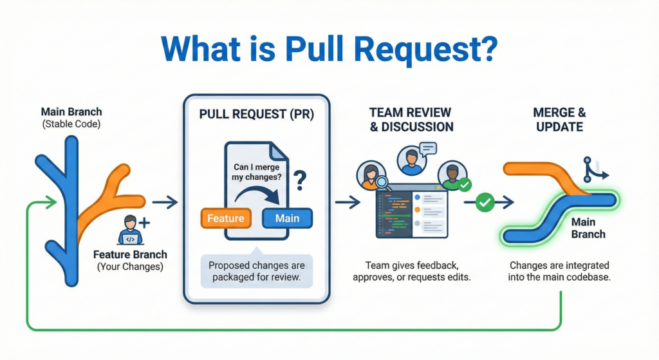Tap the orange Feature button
click(225, 218)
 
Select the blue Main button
click(287, 218)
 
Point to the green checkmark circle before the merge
click(485, 203)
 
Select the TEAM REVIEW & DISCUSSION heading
click(411, 119)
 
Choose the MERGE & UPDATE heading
click(559, 119)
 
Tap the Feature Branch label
click(130, 254)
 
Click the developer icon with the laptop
click(131, 230)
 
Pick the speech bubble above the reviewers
click(426, 149)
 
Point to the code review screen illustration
click(411, 212)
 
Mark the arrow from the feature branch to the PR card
click(165, 203)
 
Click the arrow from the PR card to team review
click(348, 203)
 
